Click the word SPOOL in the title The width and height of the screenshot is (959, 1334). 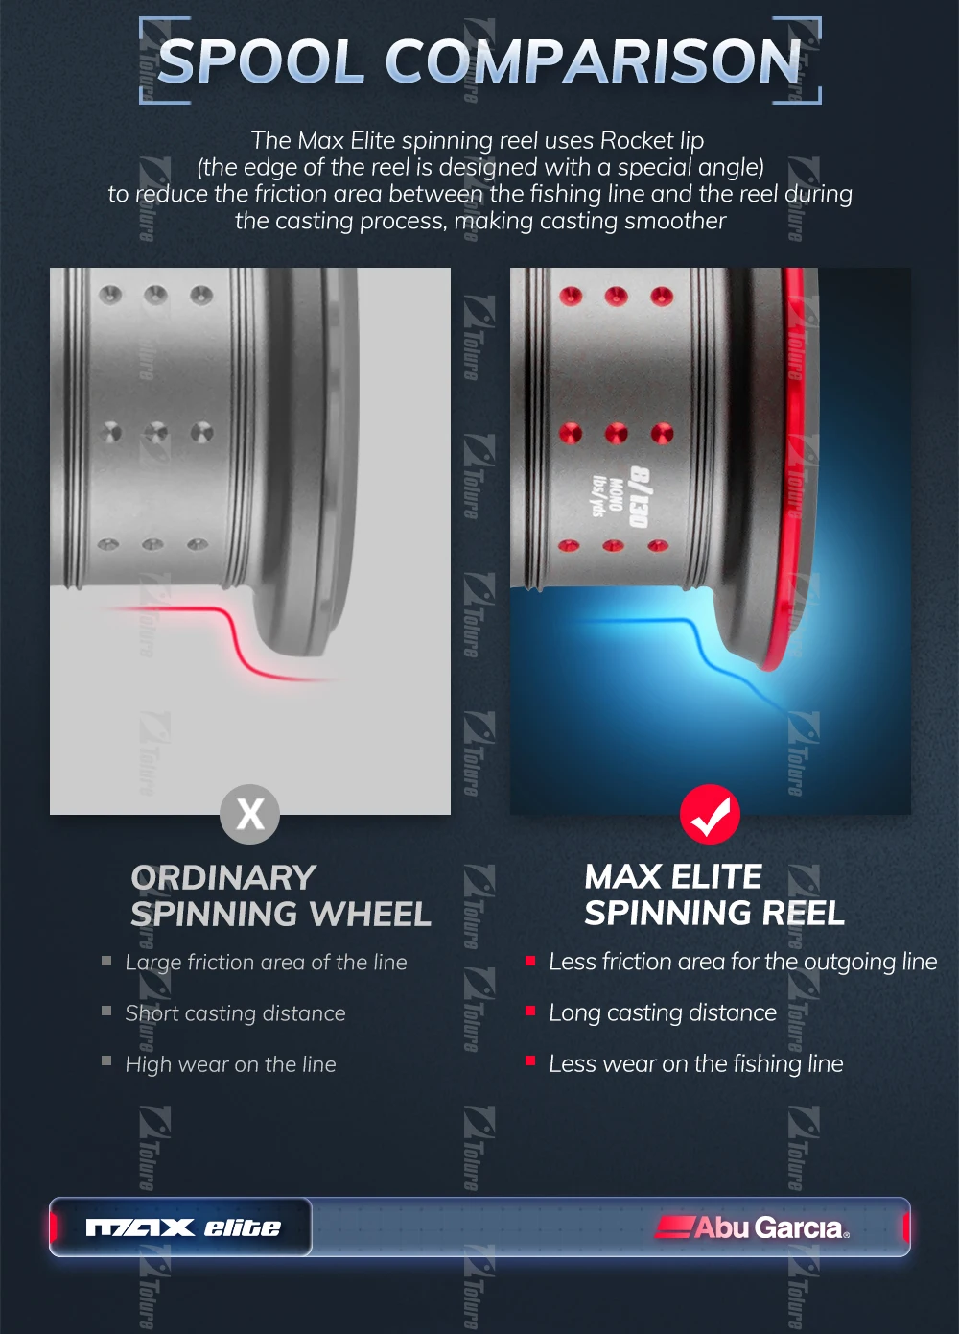coord(261,61)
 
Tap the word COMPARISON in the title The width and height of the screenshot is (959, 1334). coord(595,61)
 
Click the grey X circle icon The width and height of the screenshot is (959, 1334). coord(250,814)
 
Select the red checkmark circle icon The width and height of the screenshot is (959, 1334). coord(711,814)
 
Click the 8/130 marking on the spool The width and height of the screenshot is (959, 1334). coord(640,497)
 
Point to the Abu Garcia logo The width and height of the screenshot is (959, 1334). coord(752,1227)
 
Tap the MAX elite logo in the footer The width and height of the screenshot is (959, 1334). coord(183,1227)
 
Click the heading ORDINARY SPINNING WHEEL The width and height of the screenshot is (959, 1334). coord(281,895)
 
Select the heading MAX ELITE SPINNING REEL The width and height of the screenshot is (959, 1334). coord(713,894)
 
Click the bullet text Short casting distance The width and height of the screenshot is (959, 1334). coord(235,1013)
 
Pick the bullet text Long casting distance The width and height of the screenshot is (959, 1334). coord(663,1013)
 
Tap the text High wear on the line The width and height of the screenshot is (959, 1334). coord(230,1064)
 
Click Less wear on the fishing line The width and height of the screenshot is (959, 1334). coord(696,1063)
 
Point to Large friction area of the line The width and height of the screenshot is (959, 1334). coord(266,963)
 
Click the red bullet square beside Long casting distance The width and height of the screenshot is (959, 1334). coord(530,1011)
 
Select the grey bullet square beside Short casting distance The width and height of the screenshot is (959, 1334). coord(106,1011)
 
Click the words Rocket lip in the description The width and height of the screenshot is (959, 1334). coord(652,141)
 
